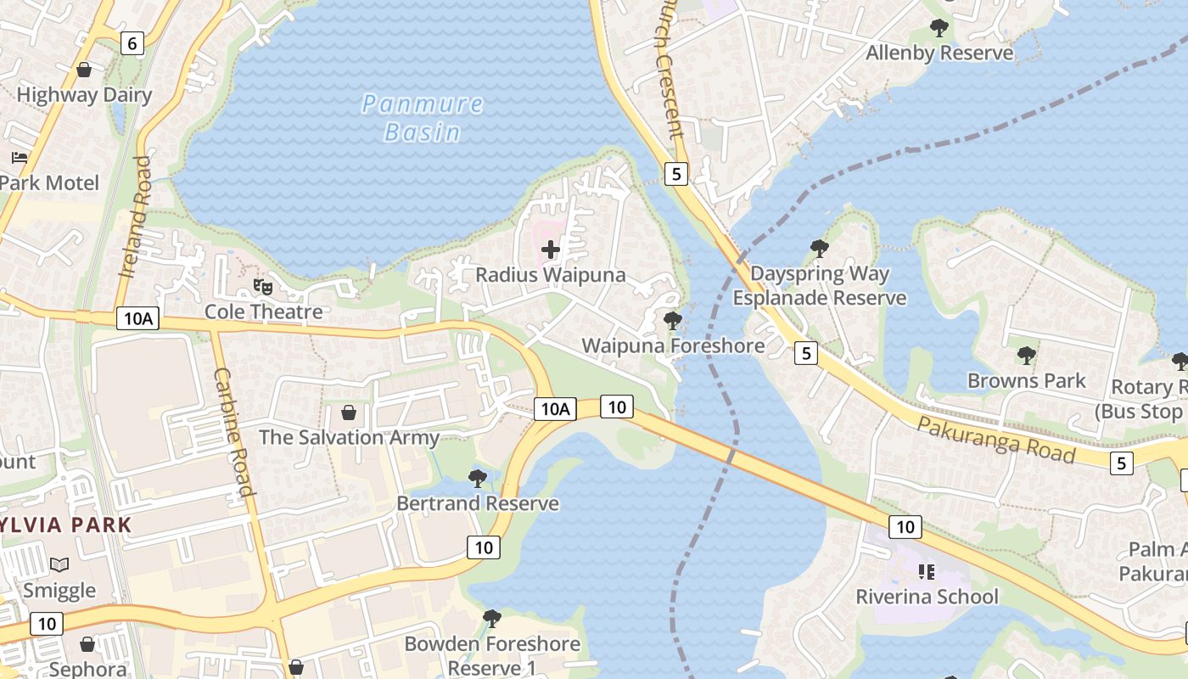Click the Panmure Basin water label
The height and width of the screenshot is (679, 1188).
click(x=423, y=118)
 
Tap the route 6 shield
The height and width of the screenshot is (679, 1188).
click(x=132, y=42)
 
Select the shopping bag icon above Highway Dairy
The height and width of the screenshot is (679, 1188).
click(x=84, y=70)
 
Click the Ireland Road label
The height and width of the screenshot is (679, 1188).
click(x=136, y=216)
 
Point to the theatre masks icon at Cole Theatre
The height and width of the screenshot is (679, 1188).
click(x=263, y=287)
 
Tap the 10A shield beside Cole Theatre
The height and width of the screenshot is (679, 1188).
click(x=137, y=318)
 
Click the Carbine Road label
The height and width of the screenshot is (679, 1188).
click(x=234, y=431)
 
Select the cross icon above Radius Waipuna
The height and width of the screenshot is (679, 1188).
click(x=551, y=250)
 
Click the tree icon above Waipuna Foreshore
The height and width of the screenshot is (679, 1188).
click(x=673, y=321)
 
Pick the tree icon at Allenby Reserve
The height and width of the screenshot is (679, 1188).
click(x=939, y=28)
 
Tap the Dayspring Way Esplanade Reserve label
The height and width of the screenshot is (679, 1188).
click(x=820, y=286)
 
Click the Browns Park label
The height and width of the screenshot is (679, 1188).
click(x=1027, y=380)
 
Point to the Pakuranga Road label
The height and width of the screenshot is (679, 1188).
click(x=996, y=441)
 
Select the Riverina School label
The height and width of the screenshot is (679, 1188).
click(x=927, y=597)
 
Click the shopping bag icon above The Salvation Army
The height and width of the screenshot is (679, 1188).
click(x=348, y=412)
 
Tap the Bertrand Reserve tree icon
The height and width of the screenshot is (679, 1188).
click(x=478, y=478)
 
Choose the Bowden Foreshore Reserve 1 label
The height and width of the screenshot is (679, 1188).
click(x=492, y=655)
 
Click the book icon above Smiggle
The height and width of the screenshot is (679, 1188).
click(x=59, y=564)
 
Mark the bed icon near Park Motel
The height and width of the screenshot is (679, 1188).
click(x=20, y=157)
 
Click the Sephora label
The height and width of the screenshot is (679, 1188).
click(x=87, y=669)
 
